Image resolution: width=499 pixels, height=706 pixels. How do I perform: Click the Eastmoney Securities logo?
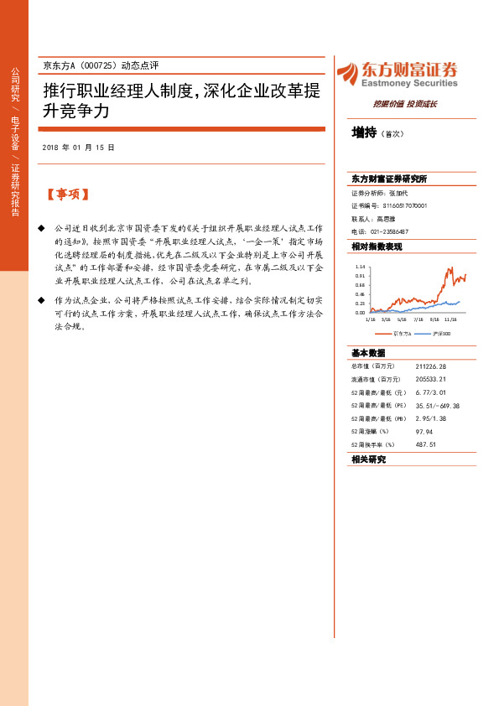(x=397, y=74)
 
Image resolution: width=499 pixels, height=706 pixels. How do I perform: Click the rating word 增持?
(x=363, y=132)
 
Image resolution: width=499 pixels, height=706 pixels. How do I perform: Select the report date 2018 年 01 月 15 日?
(x=77, y=148)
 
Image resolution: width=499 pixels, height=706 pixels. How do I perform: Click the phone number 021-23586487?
(x=390, y=231)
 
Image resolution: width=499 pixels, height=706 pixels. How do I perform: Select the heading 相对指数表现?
(x=377, y=247)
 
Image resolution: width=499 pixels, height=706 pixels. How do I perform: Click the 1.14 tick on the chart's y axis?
(x=360, y=264)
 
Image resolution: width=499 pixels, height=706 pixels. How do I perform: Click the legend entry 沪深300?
(x=440, y=333)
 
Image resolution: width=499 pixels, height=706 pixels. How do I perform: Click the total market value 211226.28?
(x=430, y=366)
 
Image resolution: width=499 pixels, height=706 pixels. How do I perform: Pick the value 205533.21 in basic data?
(x=430, y=379)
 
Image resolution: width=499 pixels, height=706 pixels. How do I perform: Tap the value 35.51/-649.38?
(x=437, y=406)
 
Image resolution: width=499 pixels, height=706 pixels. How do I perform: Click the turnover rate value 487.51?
(x=425, y=445)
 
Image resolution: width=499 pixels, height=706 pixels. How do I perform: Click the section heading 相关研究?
(x=369, y=459)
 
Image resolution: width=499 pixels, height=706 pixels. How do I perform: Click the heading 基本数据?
(x=368, y=353)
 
